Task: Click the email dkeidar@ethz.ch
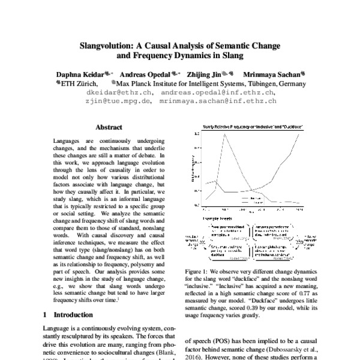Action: (x=119, y=93)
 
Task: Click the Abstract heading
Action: (x=109, y=128)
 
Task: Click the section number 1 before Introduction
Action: (x=46, y=314)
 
